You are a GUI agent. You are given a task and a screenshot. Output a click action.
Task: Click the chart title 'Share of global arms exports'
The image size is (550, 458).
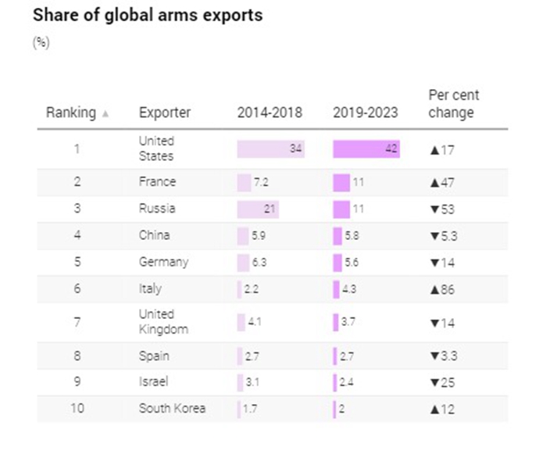pyautogui.click(x=148, y=16)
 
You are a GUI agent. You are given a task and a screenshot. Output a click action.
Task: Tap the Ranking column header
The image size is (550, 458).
pyautogui.click(x=71, y=113)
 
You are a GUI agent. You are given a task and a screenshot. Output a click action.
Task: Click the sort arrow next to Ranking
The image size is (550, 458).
pyautogui.click(x=105, y=113)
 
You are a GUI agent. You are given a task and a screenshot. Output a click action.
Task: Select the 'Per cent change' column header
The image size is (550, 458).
pyautogui.click(x=454, y=104)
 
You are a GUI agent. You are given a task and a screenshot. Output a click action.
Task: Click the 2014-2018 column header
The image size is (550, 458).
pyautogui.click(x=270, y=113)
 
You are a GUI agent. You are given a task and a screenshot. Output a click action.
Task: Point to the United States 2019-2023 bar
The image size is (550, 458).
pyautogui.click(x=366, y=149)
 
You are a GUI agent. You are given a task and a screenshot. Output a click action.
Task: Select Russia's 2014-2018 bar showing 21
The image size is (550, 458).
pyautogui.click(x=258, y=209)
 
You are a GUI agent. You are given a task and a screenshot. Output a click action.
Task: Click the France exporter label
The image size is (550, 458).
pyautogui.click(x=157, y=182)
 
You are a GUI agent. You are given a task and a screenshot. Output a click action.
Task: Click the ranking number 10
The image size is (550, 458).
pyautogui.click(x=77, y=408)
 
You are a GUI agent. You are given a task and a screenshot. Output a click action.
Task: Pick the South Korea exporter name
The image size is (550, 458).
pyautogui.click(x=172, y=408)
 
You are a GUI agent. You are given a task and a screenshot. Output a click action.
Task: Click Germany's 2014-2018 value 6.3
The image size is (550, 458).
pyautogui.click(x=259, y=262)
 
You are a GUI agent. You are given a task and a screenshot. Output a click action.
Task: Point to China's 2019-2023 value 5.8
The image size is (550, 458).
pyautogui.click(x=352, y=235)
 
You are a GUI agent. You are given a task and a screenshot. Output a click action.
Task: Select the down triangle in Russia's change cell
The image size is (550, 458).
pyautogui.click(x=434, y=209)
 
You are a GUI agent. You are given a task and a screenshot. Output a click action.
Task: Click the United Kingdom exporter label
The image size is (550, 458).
pyautogui.click(x=163, y=321)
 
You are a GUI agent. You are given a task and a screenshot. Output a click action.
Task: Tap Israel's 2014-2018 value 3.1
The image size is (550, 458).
pyautogui.click(x=252, y=382)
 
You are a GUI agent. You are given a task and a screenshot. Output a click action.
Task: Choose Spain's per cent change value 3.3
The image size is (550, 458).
pyautogui.click(x=448, y=356)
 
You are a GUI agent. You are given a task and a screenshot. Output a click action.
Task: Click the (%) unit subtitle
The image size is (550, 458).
pyautogui.click(x=41, y=43)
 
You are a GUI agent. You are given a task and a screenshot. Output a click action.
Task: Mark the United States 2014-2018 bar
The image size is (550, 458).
pyautogui.click(x=271, y=149)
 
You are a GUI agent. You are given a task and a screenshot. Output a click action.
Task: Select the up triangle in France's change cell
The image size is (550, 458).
pyautogui.click(x=434, y=183)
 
